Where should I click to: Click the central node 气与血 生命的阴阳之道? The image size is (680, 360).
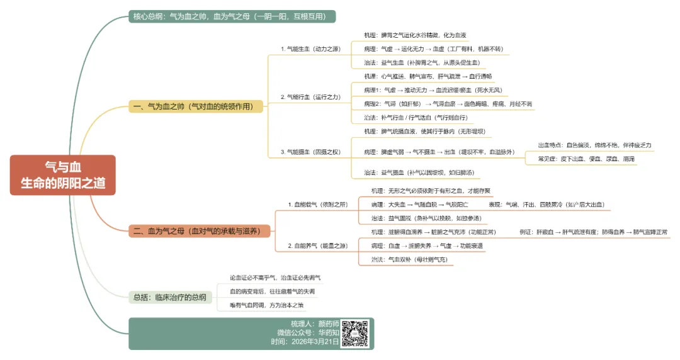point(63,175)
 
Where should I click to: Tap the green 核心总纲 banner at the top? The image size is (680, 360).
point(232,16)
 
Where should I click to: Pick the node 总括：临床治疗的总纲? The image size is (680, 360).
point(170,298)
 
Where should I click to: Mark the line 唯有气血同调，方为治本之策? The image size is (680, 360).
point(267,305)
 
